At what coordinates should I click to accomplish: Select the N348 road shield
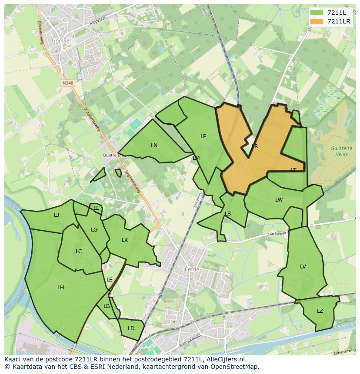67,83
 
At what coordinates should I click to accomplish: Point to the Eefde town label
192,269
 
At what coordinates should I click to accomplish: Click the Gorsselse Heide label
341,151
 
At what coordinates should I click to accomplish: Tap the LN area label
154,145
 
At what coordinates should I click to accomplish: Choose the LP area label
203,136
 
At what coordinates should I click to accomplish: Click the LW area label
279,200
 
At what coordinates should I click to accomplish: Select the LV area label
303,267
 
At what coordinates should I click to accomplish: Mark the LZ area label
320,311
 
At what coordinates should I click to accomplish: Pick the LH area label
60,287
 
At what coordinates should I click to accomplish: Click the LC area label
79,251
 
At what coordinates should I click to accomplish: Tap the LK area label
125,240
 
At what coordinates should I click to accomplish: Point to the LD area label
131,328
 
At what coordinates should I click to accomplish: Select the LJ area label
57,215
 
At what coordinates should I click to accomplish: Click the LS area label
228,213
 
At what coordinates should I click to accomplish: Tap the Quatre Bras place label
112,155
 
